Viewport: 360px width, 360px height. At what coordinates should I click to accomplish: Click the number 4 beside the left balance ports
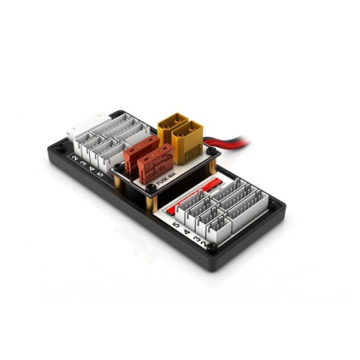click(x=93, y=168)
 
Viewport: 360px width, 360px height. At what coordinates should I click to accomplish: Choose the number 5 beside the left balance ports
click(x=102, y=175)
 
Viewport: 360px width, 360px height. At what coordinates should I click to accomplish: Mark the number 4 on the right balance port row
click(x=185, y=230)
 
